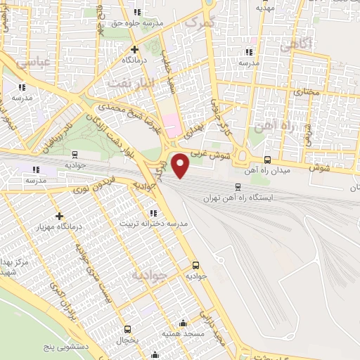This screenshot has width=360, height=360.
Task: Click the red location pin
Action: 181,166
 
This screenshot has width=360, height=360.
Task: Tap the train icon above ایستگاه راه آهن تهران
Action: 238,187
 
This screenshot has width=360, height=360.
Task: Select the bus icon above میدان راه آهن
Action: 266,160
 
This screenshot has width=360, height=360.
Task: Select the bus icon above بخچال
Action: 127,329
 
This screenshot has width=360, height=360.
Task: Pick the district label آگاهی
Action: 295,47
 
